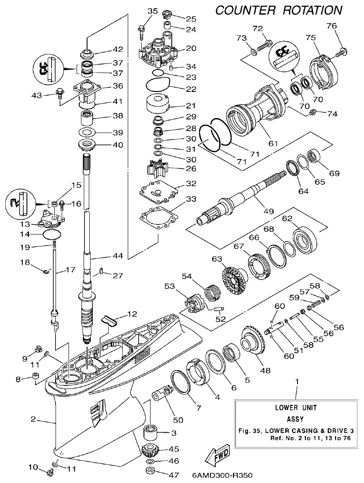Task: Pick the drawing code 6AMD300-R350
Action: pyautogui.click(x=222, y=475)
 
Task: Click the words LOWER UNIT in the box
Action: pyautogui.click(x=295, y=407)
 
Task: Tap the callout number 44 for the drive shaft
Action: pyautogui.click(x=118, y=256)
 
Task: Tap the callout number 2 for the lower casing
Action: pyautogui.click(x=33, y=419)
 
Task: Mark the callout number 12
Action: pyautogui.click(x=132, y=314)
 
